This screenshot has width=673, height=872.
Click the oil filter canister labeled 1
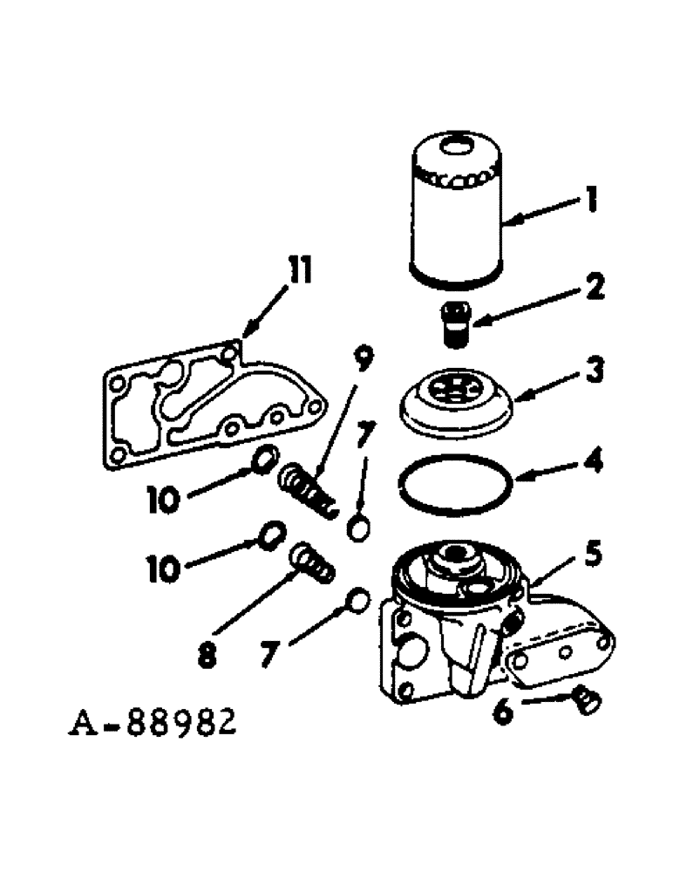[456, 214]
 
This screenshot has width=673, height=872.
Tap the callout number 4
[592, 460]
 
